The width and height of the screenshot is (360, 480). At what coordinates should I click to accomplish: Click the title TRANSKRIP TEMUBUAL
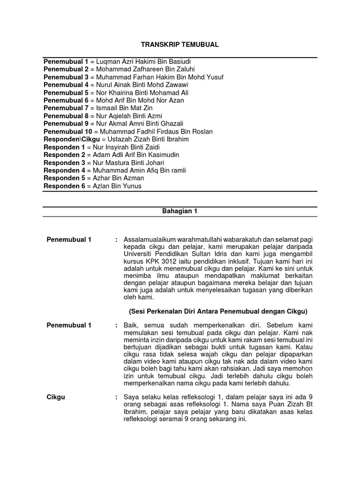[180, 45]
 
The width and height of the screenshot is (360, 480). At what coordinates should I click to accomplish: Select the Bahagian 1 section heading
[180, 211]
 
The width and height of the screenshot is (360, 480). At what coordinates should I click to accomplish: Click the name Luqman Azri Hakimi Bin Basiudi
[143, 62]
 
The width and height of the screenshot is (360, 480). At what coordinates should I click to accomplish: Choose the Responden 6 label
[64, 186]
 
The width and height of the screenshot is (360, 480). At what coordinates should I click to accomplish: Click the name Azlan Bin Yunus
[117, 186]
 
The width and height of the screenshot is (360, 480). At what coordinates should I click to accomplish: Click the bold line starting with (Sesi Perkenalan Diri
[218, 311]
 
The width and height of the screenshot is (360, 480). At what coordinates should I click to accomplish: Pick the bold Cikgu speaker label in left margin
[56, 397]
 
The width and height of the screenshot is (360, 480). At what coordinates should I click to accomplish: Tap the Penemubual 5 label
[66, 93]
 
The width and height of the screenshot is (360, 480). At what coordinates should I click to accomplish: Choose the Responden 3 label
[64, 163]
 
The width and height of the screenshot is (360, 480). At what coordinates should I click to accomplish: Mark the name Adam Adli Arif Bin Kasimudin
[136, 155]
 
